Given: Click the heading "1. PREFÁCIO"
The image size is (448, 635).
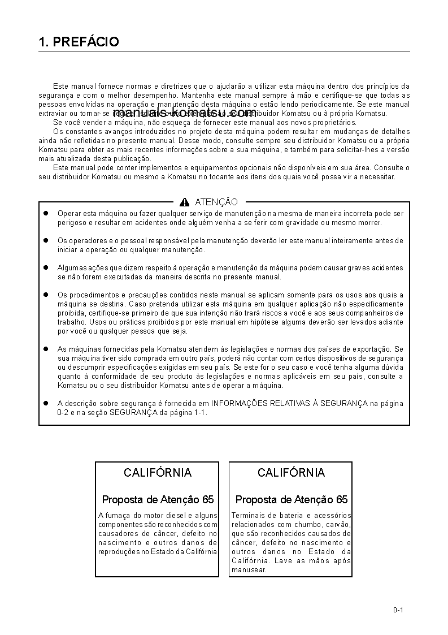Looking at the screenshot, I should pos(79,42).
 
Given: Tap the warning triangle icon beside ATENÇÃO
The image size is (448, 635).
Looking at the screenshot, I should pos(184,202).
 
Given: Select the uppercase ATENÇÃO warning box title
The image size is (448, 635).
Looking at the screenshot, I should pos(216,202).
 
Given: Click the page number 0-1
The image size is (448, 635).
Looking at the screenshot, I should pos(398,610).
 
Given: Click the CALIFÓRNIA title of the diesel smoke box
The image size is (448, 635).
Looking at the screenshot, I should pos(158,473).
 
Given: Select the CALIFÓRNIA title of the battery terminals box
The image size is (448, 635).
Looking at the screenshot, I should pos(291,473).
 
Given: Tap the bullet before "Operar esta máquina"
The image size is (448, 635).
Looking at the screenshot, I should pos(47,213).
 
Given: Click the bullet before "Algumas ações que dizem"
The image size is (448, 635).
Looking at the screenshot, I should pos(47,267).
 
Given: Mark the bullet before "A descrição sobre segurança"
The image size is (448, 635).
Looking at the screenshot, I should pos(47,403).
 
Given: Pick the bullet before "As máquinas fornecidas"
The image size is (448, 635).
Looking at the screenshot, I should pos(47,349).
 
